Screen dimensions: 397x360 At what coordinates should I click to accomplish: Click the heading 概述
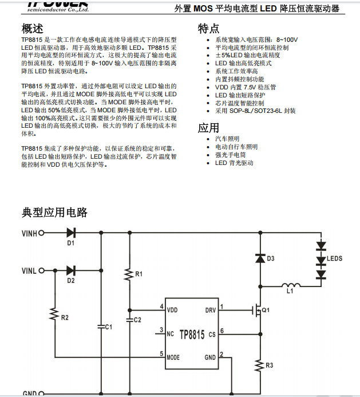pyautogui.click(x=32, y=29)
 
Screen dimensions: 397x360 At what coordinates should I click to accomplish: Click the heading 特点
pyautogui.click(x=208, y=29)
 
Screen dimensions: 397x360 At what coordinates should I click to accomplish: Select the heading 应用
pyautogui.click(x=208, y=127)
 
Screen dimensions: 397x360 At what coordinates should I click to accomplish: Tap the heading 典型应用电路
pyautogui.click(x=54, y=213)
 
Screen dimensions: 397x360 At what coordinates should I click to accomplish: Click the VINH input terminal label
pyautogui.click(x=29, y=234)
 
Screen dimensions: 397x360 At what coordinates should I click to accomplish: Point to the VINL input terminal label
pyautogui.click(x=29, y=270)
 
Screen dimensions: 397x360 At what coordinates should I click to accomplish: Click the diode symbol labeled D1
pyautogui.click(x=72, y=233)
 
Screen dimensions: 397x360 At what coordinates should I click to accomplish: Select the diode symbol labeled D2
pyautogui.click(x=72, y=270)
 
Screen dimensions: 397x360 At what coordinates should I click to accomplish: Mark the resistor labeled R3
pyautogui.click(x=260, y=364)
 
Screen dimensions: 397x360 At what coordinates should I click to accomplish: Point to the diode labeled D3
pyautogui.click(x=260, y=258)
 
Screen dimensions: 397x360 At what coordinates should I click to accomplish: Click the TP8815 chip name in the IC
pyautogui.click(x=192, y=334)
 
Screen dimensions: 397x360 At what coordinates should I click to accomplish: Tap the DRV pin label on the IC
pyautogui.click(x=211, y=311)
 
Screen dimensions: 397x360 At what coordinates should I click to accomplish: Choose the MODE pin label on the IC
pyautogui.click(x=173, y=357)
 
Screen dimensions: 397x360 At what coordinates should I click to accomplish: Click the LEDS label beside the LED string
pyautogui.click(x=334, y=259)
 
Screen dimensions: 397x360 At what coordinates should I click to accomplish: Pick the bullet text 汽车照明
pyautogui.click(x=227, y=139)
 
